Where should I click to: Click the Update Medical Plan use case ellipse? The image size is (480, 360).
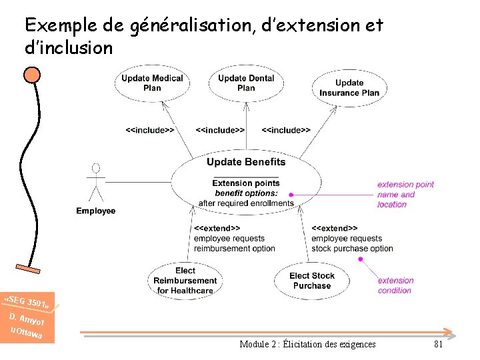[152, 83]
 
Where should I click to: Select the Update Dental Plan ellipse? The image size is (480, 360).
[246, 83]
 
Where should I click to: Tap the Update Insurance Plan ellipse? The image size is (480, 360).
[349, 88]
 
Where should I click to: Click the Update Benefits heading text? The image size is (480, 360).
[246, 162]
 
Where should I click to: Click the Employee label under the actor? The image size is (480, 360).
[96, 211]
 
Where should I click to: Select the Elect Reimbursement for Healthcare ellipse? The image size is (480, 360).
[185, 280]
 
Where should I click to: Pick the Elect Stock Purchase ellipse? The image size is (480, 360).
[312, 281]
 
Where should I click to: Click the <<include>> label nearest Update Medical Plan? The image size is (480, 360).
[150, 131]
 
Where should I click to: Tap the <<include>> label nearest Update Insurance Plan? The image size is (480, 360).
[286, 131]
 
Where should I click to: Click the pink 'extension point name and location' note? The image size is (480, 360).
[405, 195]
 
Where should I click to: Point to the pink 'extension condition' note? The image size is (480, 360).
[396, 285]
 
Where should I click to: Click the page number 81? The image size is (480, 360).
[438, 344]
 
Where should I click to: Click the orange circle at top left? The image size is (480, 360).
[31, 73]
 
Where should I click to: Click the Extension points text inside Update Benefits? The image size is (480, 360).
[246, 183]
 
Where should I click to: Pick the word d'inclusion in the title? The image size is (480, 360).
[69, 48]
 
